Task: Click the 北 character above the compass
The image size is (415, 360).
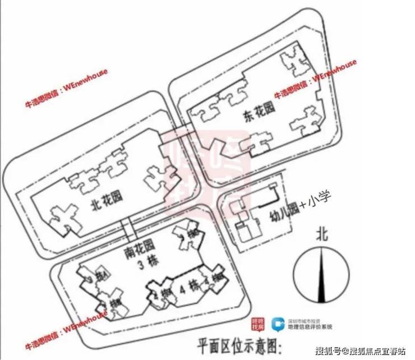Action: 321,231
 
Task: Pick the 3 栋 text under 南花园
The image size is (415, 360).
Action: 133,259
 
